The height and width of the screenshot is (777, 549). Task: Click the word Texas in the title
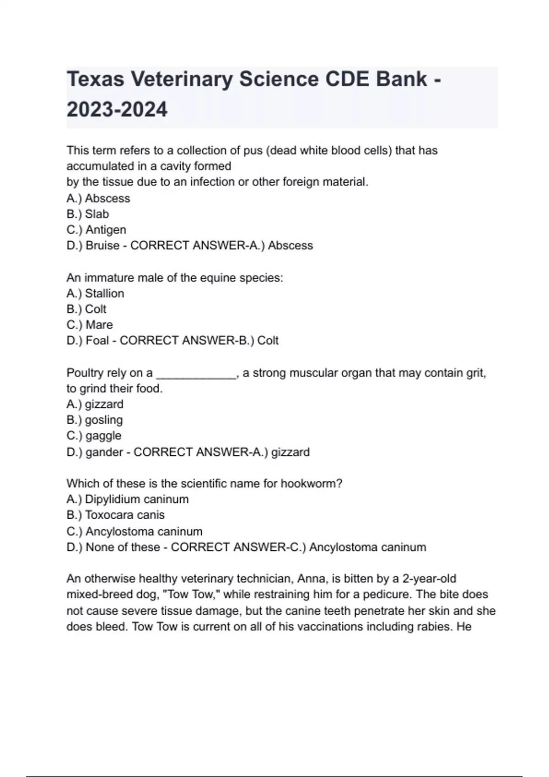point(95,80)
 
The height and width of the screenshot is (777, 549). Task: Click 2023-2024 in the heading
point(117,110)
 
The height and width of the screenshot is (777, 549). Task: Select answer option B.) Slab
point(88,214)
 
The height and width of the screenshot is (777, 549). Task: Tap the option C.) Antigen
point(96,229)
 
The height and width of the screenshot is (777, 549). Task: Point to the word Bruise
point(102,245)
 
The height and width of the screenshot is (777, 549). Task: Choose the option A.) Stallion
point(95,293)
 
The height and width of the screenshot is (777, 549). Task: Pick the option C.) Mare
point(90,325)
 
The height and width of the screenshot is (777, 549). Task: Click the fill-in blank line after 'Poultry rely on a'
point(196,374)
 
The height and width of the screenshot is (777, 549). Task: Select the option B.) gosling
point(95,420)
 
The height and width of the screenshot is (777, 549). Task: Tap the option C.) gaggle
point(94,436)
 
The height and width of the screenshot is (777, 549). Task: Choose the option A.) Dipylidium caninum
point(128,499)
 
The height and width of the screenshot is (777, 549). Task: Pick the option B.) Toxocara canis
point(115,515)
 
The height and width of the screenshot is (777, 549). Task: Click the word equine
point(215,278)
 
